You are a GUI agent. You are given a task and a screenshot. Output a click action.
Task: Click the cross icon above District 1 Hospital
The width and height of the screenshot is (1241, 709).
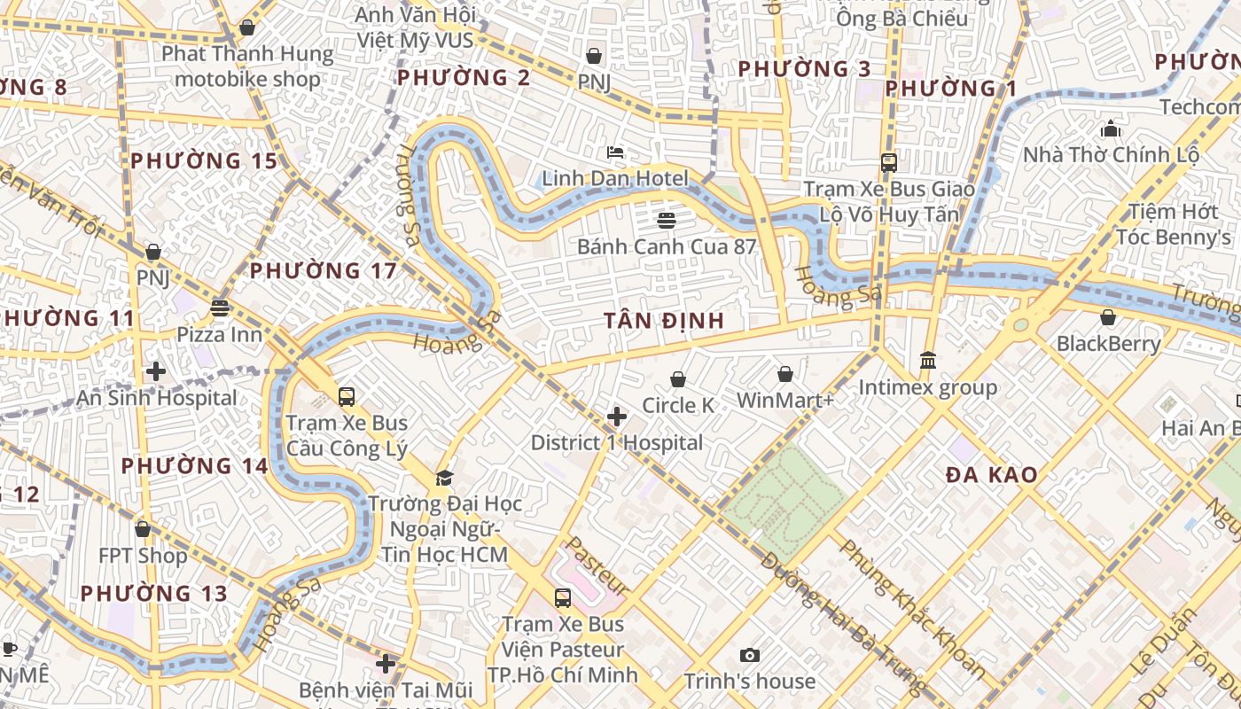[617, 417]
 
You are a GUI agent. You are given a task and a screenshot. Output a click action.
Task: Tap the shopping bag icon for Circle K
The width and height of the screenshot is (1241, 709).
[678, 379]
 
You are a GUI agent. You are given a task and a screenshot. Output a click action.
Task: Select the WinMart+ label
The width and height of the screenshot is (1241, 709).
[785, 401]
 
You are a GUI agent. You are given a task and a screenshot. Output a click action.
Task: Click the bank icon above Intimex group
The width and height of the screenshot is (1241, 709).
[928, 360]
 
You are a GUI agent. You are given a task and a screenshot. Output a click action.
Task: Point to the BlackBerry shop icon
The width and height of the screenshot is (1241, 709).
[1107, 317]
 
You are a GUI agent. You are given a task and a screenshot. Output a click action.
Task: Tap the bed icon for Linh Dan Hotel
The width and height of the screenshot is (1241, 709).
[615, 152]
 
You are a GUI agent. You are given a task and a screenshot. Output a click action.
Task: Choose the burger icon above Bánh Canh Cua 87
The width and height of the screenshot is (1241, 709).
[667, 220]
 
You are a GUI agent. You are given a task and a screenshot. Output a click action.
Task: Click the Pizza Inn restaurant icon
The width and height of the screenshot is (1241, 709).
[220, 308]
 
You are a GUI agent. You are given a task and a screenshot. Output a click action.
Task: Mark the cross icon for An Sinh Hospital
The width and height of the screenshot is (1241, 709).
[156, 371]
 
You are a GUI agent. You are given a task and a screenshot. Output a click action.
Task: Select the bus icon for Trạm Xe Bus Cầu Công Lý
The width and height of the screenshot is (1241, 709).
[347, 396]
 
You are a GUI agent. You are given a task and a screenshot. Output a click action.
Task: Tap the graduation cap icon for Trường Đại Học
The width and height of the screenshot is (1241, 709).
[444, 479]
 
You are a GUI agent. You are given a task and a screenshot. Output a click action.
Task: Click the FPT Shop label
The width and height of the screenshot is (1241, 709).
[143, 556]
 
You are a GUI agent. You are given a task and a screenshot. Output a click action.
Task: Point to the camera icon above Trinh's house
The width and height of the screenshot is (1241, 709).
[750, 656]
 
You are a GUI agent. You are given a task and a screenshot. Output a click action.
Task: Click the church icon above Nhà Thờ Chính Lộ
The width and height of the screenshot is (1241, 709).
[1111, 129]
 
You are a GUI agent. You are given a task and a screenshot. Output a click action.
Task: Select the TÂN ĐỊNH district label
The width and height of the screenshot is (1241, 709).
[664, 321]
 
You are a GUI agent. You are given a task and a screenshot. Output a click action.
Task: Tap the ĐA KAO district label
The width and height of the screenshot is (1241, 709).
[991, 475]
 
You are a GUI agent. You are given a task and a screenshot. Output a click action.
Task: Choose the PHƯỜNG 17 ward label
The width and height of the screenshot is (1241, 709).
[323, 270]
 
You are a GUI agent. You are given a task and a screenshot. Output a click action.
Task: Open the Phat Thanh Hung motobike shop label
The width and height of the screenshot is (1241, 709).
[247, 66]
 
